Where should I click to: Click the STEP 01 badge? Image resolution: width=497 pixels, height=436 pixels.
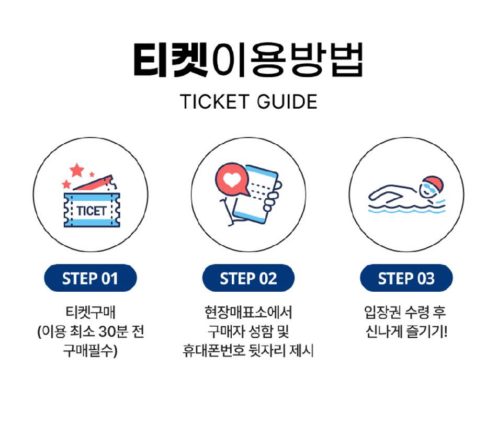[91, 278]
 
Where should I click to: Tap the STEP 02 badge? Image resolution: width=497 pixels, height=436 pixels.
[248, 278]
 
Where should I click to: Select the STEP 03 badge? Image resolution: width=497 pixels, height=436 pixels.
[406, 278]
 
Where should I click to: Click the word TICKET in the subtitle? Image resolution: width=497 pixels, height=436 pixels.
[214, 101]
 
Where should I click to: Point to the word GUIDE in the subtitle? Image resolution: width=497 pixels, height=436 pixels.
[287, 101]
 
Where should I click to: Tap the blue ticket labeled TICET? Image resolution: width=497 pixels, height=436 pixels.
[92, 210]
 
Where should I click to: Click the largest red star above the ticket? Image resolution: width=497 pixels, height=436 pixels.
[77, 170]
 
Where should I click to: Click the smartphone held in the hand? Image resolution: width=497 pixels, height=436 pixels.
[255, 194]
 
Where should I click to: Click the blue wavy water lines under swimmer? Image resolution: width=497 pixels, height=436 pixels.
[406, 209]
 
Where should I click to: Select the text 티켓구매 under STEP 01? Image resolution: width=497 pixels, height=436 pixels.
[91, 312]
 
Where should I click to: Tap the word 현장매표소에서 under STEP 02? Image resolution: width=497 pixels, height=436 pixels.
[248, 312]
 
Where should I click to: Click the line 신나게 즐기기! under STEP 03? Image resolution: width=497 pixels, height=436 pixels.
[406, 331]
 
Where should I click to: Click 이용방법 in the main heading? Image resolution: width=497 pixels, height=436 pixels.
[287, 60]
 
